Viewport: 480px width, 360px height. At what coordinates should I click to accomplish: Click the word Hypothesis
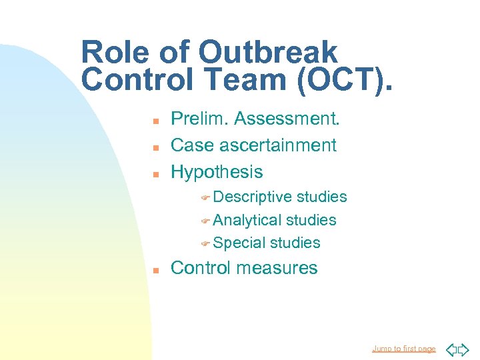click(217, 172)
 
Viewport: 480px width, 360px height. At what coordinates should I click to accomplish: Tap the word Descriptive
click(253, 197)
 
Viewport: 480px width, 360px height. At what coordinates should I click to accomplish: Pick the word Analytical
click(247, 220)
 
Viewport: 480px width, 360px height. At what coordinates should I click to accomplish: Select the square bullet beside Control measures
click(154, 269)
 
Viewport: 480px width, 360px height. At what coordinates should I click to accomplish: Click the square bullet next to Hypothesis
click(154, 173)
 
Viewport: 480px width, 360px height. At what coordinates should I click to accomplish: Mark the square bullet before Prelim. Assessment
click(154, 120)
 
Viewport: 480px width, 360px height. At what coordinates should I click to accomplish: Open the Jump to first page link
click(404, 349)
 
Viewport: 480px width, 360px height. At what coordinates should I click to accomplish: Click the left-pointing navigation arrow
click(451, 349)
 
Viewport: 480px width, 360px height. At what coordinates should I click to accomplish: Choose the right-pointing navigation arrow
click(463, 349)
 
